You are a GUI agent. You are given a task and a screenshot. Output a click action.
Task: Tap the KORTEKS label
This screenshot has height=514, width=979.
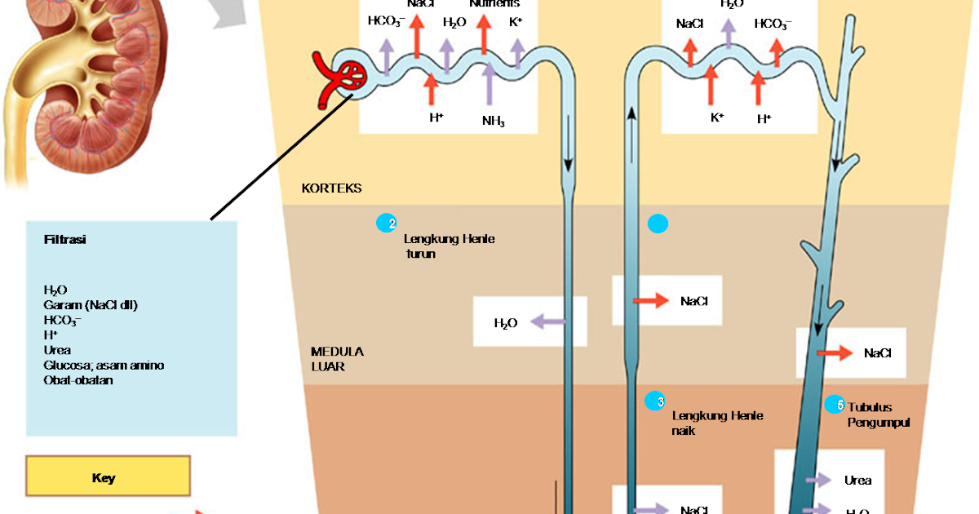331,188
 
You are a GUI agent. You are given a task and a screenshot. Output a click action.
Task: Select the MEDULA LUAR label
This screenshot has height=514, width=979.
337,359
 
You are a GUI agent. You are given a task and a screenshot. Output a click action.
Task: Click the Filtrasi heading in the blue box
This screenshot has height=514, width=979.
65,240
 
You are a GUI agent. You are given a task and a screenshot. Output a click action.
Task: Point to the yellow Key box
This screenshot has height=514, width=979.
108,477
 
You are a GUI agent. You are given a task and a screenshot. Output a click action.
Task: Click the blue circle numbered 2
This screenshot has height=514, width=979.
386,224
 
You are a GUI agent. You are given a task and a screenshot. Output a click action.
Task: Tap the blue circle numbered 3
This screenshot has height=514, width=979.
654,401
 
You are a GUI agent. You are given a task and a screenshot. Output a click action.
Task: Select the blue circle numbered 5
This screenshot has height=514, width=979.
834,404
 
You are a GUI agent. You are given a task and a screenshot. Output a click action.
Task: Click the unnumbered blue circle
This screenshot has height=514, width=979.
658,224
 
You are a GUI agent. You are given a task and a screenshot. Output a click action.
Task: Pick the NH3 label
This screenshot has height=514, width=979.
493,122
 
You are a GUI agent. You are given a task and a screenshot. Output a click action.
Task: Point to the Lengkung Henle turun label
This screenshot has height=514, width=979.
449,246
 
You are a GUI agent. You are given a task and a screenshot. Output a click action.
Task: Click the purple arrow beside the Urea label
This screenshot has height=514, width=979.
817,481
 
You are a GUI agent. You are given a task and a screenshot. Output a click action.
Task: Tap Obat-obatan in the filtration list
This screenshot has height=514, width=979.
78,380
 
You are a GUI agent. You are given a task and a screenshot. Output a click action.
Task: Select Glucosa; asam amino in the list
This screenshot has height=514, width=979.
104,366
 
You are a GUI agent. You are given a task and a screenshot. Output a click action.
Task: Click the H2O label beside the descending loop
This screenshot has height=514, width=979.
506,323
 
